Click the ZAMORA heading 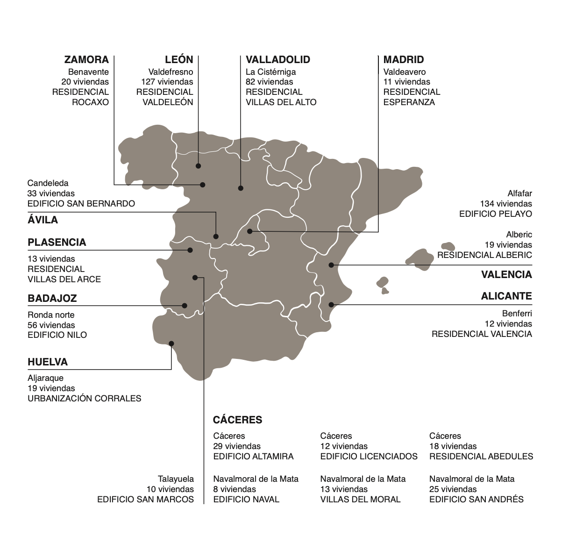(86, 60)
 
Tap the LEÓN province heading (179, 60)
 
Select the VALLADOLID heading (278, 60)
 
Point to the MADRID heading (404, 60)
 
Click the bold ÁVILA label (43, 220)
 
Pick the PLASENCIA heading (57, 243)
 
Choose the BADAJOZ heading (52, 299)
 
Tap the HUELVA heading (48, 362)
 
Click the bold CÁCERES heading (238, 420)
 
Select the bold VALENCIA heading (507, 275)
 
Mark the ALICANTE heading (507, 296)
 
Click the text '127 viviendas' (167, 82)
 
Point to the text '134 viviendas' (506, 204)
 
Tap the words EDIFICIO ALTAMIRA (253, 457)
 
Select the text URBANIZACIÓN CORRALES (85, 399)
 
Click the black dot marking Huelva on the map (171, 343)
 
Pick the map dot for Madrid (250, 231)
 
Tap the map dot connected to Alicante (331, 304)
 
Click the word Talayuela (176, 479)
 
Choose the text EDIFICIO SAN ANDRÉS (477, 500)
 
